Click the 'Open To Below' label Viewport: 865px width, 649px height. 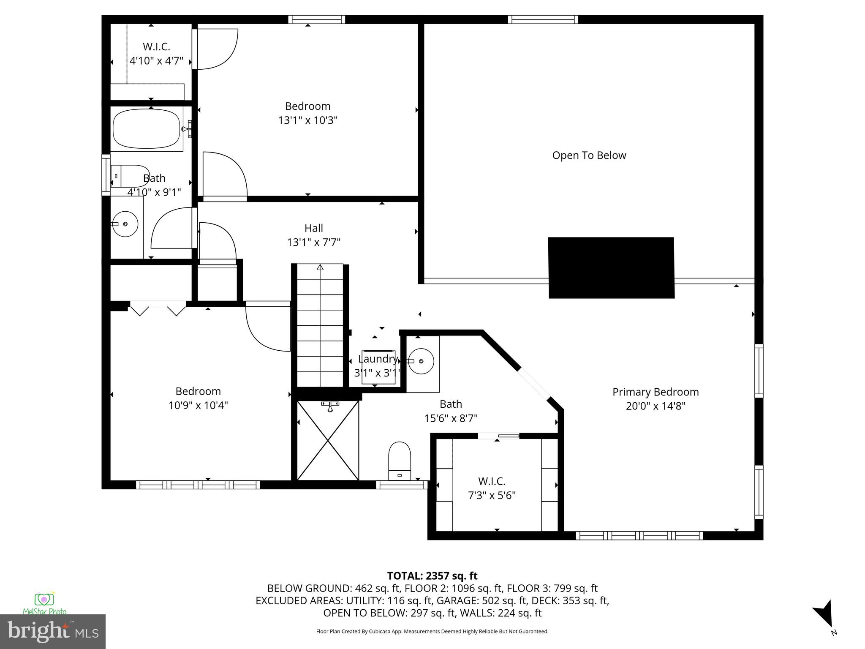[x=589, y=155]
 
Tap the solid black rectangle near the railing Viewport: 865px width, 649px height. [x=611, y=268]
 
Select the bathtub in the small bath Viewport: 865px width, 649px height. [x=147, y=129]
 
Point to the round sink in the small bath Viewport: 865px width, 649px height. [x=125, y=224]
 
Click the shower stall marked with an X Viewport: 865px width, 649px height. [x=328, y=440]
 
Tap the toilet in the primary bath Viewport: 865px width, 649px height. [x=400, y=461]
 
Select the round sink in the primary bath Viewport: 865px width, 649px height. [x=421, y=361]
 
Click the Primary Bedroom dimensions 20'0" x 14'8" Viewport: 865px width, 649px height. [x=655, y=406]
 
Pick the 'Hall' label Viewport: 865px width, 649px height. [x=313, y=228]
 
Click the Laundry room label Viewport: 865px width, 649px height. [x=378, y=359]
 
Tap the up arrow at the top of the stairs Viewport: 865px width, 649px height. [x=320, y=267]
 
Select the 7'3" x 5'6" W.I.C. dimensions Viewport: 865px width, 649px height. [x=492, y=495]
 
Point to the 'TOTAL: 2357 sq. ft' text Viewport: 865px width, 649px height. [x=432, y=576]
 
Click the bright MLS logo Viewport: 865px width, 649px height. [x=52, y=631]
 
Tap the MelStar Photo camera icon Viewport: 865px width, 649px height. [x=44, y=599]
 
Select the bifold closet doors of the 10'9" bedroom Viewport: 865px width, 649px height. [x=158, y=308]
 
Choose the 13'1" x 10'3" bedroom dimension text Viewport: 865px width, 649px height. [x=307, y=120]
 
